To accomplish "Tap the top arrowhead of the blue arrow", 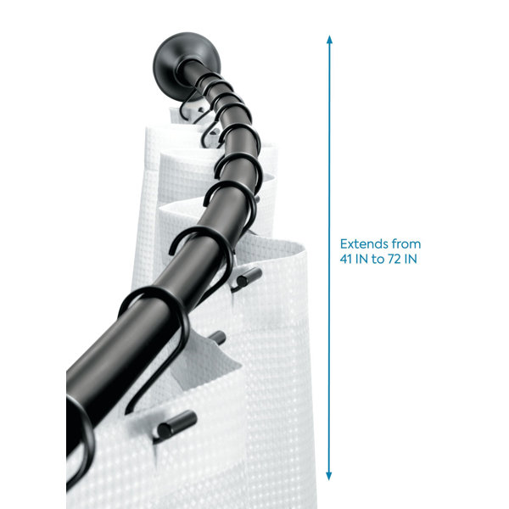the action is click(x=329, y=39).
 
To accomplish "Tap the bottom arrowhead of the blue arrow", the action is click(x=329, y=476).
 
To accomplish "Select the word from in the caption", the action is click(x=406, y=243).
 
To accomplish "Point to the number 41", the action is click(x=346, y=259).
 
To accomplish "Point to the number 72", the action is click(x=394, y=259).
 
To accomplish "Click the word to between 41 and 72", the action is click(x=378, y=259).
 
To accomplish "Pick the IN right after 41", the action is click(x=361, y=259).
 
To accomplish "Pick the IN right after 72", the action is click(x=411, y=259).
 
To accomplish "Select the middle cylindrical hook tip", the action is click(x=218, y=338).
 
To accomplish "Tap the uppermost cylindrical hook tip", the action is click(x=249, y=277).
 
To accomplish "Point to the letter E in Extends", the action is click(x=344, y=243).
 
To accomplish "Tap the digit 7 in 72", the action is click(x=391, y=259).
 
